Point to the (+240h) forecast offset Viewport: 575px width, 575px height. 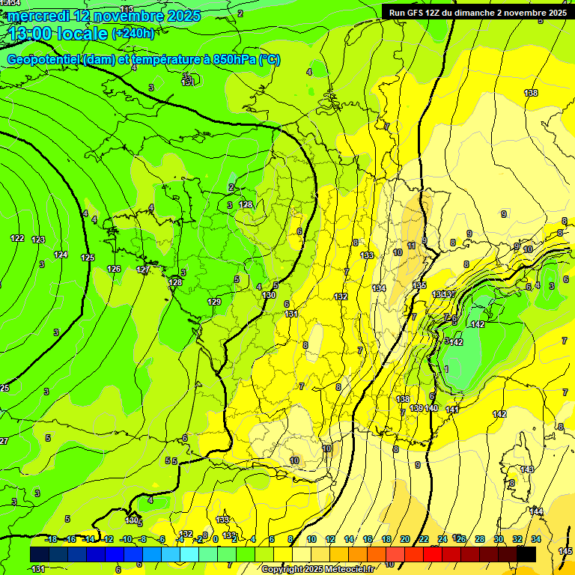click(133, 33)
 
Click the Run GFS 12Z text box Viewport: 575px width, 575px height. click(478, 12)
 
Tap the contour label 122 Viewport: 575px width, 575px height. click(17, 238)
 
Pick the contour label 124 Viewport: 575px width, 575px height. click(61, 255)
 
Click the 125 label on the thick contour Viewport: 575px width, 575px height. click(88, 258)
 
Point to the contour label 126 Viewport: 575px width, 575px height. click(114, 269)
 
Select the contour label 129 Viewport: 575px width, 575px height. click(214, 302)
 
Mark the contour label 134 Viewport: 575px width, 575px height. click(379, 288)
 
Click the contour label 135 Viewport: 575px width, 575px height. click(419, 285)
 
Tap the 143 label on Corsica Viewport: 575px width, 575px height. click(527, 469)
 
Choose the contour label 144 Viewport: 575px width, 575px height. click(537, 511)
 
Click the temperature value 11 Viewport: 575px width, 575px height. click(411, 246)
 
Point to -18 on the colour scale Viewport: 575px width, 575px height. click(51, 539)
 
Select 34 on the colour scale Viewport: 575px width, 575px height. click(536, 539)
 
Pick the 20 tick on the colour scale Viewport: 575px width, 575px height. click(405, 539)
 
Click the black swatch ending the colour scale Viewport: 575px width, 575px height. click(526, 554)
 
